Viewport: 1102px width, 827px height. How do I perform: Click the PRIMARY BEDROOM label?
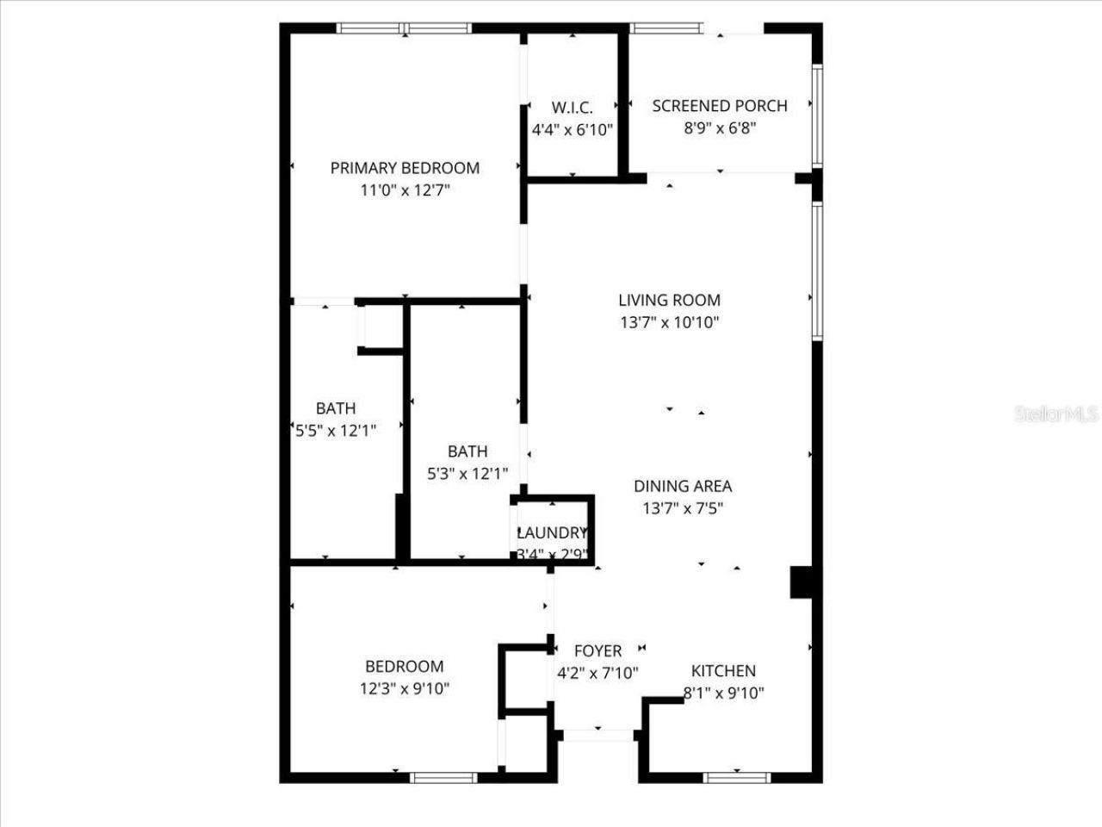(405, 168)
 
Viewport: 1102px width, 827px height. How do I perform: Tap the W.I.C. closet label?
(572, 108)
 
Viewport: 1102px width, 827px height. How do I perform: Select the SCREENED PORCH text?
(720, 106)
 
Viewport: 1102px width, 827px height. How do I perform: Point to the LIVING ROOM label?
(669, 300)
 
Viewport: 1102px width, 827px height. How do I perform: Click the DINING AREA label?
(683, 486)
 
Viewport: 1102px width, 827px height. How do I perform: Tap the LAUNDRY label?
(552, 532)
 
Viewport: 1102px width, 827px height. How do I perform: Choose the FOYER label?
(597, 651)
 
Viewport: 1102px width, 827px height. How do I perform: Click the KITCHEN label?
(723, 671)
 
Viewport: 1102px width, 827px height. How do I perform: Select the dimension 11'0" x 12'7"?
(405, 190)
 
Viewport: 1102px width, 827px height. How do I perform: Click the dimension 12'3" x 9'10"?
(405, 688)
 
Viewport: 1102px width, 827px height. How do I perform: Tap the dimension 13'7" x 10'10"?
(669, 323)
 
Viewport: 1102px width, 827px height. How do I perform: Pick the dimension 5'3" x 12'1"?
(467, 473)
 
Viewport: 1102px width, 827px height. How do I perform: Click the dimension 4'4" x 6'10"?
(572, 130)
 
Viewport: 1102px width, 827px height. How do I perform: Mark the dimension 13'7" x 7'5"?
(683, 508)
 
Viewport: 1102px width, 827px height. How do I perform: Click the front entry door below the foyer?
(597, 735)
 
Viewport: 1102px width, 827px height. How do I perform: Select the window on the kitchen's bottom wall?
(737, 778)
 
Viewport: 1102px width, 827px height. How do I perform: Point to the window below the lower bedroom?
(443, 778)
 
